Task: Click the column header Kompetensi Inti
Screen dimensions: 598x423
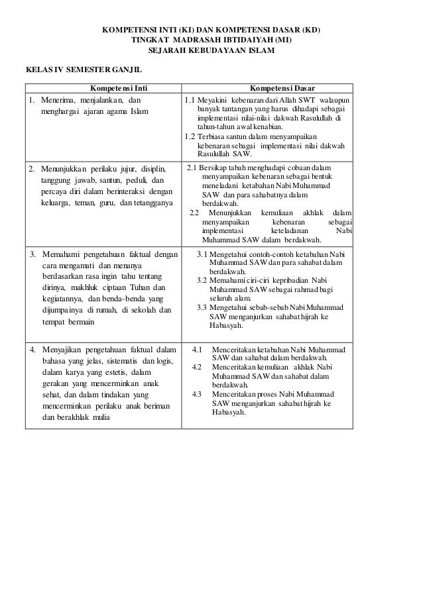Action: tap(103, 87)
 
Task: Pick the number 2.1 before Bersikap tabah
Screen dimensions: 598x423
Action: tap(194, 168)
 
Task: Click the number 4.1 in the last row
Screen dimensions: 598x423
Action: tap(197, 349)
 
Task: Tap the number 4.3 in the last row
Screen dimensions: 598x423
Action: tap(197, 394)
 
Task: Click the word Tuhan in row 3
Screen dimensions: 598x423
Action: tap(135, 288)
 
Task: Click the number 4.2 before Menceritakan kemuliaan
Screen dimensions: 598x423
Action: tap(197, 367)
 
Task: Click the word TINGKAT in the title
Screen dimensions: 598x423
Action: tap(151, 40)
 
